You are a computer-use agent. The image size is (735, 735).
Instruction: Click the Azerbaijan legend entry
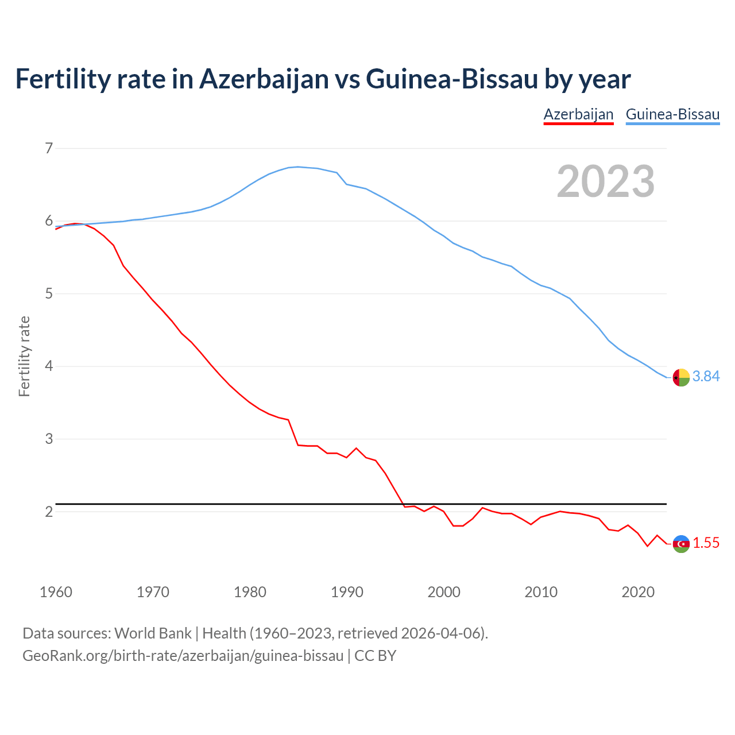578,114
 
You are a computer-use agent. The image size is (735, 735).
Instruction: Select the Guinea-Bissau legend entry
672,114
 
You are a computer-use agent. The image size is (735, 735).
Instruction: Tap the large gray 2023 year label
606,181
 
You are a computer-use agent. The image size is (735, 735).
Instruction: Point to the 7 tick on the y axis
49,148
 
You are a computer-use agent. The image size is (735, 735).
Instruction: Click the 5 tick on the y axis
49,294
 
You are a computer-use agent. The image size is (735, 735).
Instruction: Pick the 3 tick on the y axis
49,439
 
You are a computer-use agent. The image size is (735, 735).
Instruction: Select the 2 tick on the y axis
49,512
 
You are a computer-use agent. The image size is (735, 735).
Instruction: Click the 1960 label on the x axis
56,592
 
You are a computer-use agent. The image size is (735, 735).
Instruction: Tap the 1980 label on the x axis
250,592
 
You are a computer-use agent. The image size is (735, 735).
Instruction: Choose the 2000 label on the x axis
444,592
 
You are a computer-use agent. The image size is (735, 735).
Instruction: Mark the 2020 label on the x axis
638,592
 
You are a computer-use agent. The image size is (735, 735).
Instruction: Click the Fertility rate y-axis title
24,356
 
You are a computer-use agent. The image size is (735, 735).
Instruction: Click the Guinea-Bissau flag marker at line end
681,377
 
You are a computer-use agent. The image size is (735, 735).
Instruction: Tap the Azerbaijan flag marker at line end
681,544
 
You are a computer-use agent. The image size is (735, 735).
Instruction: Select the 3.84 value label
706,376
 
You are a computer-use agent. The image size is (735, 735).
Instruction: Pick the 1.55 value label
706,543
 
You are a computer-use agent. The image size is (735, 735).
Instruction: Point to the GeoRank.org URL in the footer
183,655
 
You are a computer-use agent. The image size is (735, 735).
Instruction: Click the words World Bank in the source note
153,633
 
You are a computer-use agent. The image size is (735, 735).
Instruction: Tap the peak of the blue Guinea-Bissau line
297,167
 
